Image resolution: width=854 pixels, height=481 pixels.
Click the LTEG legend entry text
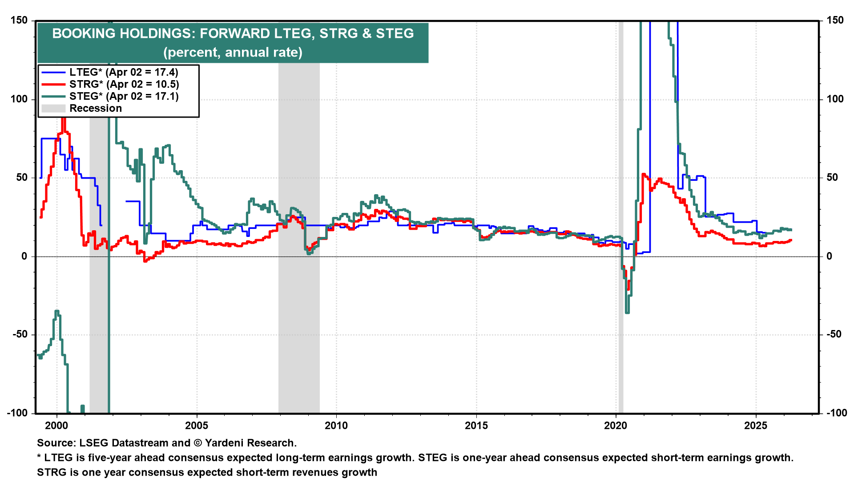pos(123,72)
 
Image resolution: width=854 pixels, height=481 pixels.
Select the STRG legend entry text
pos(124,84)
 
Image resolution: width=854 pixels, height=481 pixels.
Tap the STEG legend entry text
pos(124,96)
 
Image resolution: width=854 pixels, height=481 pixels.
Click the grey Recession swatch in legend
pos(53,108)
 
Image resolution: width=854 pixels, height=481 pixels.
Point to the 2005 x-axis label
pos(197,425)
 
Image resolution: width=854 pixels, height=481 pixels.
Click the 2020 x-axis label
pos(616,425)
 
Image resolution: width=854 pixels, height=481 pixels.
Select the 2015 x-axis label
pos(476,425)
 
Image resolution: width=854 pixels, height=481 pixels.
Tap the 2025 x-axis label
pos(756,425)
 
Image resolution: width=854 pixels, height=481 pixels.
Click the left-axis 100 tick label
pos(19,99)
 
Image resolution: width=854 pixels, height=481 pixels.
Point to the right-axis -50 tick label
pos(834,334)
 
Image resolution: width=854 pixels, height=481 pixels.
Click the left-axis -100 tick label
pos(17,413)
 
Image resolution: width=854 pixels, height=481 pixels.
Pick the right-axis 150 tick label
pos(835,20)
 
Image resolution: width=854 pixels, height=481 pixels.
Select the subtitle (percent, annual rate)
pos(233,53)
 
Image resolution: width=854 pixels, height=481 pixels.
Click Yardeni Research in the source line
pos(250,443)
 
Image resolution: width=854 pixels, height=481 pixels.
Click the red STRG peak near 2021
pos(644,175)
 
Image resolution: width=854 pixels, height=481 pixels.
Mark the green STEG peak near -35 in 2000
pos(57,311)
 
